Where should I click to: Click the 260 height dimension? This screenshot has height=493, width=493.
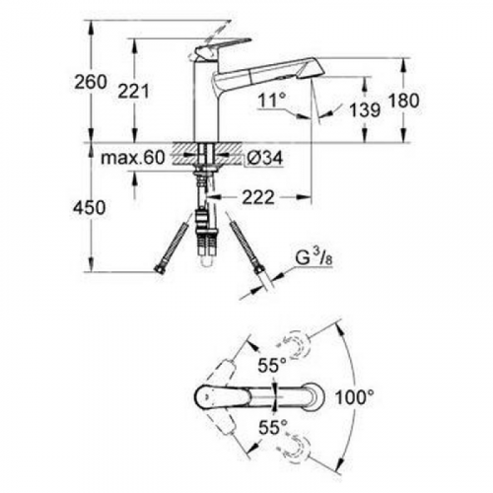(x=91, y=82)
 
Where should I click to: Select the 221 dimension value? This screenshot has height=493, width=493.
(x=133, y=91)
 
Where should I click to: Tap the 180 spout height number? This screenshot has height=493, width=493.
(x=403, y=101)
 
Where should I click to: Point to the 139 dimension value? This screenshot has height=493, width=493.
(x=365, y=109)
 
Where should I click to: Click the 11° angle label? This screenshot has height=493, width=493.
(x=272, y=101)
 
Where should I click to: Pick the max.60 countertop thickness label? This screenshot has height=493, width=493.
(x=133, y=158)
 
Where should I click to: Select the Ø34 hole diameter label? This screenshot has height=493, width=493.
(x=264, y=159)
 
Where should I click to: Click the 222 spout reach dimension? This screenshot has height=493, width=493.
(x=257, y=197)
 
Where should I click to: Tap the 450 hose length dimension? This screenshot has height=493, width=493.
(x=90, y=208)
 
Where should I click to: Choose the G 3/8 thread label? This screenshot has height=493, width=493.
(x=311, y=258)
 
